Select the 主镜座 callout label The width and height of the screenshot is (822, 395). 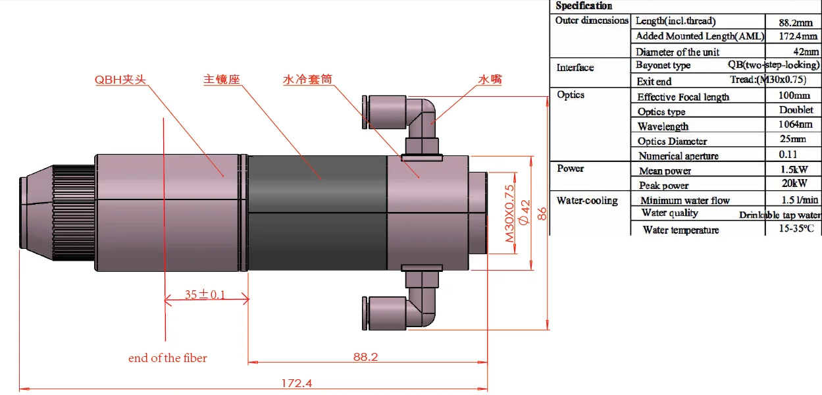click(221, 80)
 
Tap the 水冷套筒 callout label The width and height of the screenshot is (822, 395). click(307, 80)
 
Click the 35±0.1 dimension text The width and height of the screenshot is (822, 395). click(204, 294)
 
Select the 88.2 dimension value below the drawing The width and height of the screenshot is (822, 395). click(365, 356)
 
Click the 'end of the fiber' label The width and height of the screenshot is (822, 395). click(167, 358)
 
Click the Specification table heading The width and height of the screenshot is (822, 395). click(583, 6)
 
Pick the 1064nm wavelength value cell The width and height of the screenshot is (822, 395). click(795, 124)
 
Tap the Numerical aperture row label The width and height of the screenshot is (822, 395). click(678, 156)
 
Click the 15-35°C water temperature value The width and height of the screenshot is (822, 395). click(795, 228)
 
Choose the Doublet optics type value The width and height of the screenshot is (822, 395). click(796, 110)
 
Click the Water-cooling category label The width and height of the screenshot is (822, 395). click(587, 200)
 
